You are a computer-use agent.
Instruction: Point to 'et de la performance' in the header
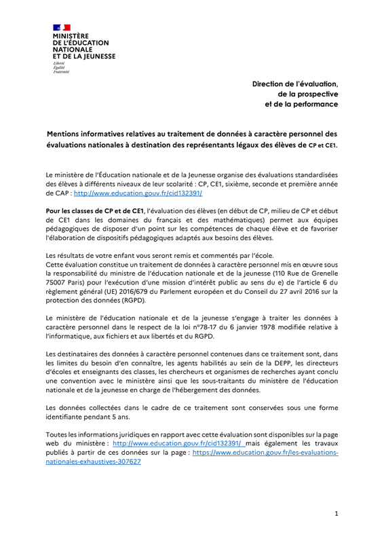(x=301, y=105)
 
